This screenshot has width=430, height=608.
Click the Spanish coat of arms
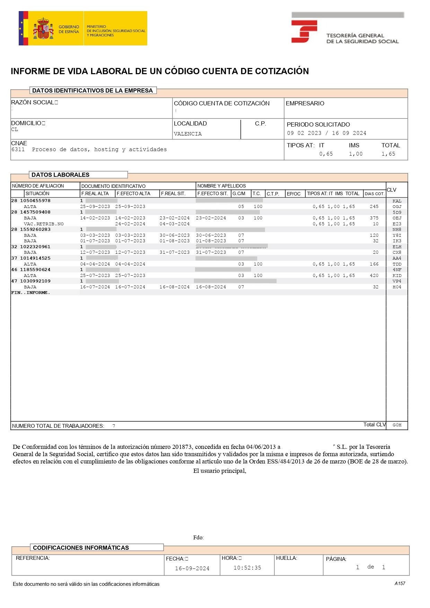pyautogui.click(x=43, y=29)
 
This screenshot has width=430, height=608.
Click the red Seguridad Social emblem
pyautogui.click(x=304, y=31)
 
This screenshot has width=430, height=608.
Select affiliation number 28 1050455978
pyautogui.click(x=31, y=201)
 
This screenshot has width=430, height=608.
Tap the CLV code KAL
pyautogui.click(x=397, y=201)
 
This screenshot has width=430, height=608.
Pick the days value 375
pyautogui.click(x=374, y=218)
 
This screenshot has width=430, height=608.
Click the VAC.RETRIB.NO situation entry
pyautogui.click(x=44, y=224)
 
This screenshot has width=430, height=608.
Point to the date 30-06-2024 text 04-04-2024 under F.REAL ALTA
pyautogui.click(x=95, y=264)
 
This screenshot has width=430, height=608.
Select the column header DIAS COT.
pyautogui.click(x=374, y=194)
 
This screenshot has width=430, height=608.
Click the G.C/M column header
pyautogui.click(x=239, y=193)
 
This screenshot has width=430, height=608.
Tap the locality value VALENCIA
pyautogui.click(x=187, y=134)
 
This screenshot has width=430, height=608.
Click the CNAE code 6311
pyautogui.click(x=18, y=149)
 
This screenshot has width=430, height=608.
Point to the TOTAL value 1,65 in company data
pyautogui.click(x=388, y=154)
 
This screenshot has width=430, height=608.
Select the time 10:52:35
pyautogui.click(x=247, y=568)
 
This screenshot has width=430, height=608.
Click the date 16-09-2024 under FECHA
pyautogui.click(x=192, y=568)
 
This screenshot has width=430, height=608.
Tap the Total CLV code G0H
pyautogui.click(x=397, y=425)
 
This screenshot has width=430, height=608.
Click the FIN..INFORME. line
pyautogui.click(x=30, y=293)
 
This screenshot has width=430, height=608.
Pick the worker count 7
pyautogui.click(x=114, y=426)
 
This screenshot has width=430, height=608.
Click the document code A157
pyautogui.click(x=400, y=583)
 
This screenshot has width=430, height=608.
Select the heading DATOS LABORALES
pyautogui.click(x=60, y=175)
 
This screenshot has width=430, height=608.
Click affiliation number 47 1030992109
pyautogui.click(x=31, y=281)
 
